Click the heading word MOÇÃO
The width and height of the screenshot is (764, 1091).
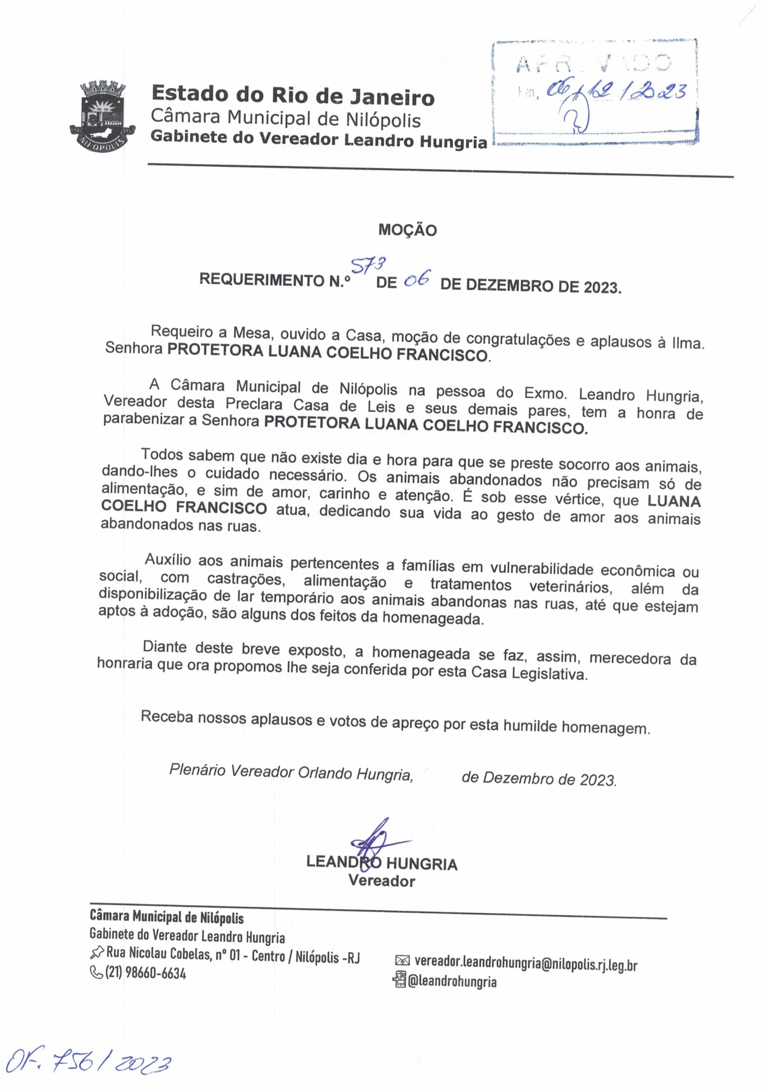point(408,231)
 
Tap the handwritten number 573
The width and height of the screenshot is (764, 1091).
point(368,266)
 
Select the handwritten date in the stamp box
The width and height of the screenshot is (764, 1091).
point(617,90)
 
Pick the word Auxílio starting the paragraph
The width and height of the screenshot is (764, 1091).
point(168,560)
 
